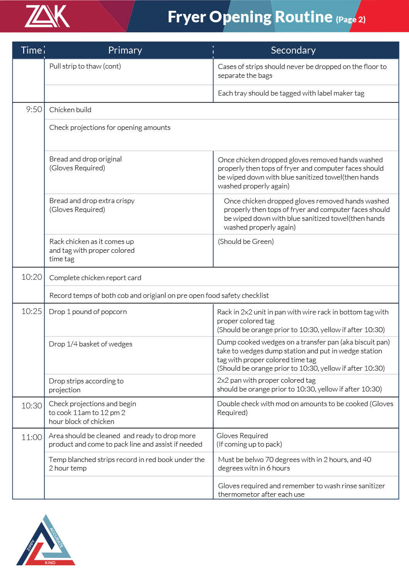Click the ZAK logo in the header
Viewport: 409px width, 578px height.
tap(47, 16)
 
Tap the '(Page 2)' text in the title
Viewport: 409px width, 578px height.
tap(350, 19)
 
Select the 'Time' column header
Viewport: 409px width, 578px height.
tap(31, 50)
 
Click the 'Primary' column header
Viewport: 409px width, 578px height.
tap(125, 50)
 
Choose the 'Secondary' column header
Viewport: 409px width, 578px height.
tap(293, 50)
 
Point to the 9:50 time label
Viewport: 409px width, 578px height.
tap(34, 109)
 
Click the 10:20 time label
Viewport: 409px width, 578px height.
tap(32, 277)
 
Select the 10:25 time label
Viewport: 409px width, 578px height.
tap(32, 311)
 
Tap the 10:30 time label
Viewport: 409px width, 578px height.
tap(32, 406)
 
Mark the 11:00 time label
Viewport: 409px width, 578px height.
tap(32, 437)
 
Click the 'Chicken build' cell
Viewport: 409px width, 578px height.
tap(70, 110)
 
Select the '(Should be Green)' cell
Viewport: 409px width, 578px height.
tap(246, 242)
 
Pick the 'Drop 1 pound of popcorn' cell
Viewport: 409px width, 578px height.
tap(88, 312)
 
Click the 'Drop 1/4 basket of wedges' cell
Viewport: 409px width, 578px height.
tap(90, 344)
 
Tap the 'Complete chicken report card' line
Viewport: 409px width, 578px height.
tap(95, 278)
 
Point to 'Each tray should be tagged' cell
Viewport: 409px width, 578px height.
tap(291, 93)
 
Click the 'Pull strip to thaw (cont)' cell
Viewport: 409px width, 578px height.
tap(85, 66)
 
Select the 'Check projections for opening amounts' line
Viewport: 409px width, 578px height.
tap(109, 128)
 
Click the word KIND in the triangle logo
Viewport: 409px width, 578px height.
tap(50, 563)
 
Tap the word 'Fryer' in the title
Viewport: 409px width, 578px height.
tap(187, 17)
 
